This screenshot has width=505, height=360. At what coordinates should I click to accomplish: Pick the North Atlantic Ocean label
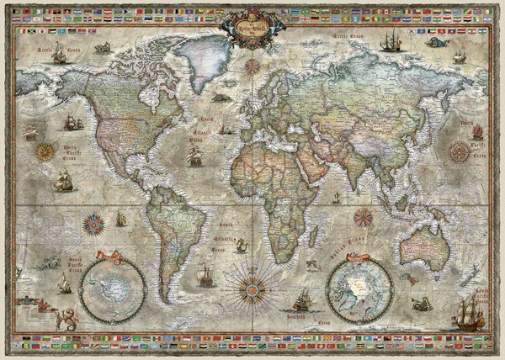point(205,135)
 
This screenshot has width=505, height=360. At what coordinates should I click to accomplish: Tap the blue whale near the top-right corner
point(435,41)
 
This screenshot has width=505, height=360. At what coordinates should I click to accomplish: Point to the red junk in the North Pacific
point(477,130)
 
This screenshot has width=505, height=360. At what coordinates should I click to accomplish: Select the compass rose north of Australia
point(364,216)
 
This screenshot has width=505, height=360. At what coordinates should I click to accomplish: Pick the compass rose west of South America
point(93,223)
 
